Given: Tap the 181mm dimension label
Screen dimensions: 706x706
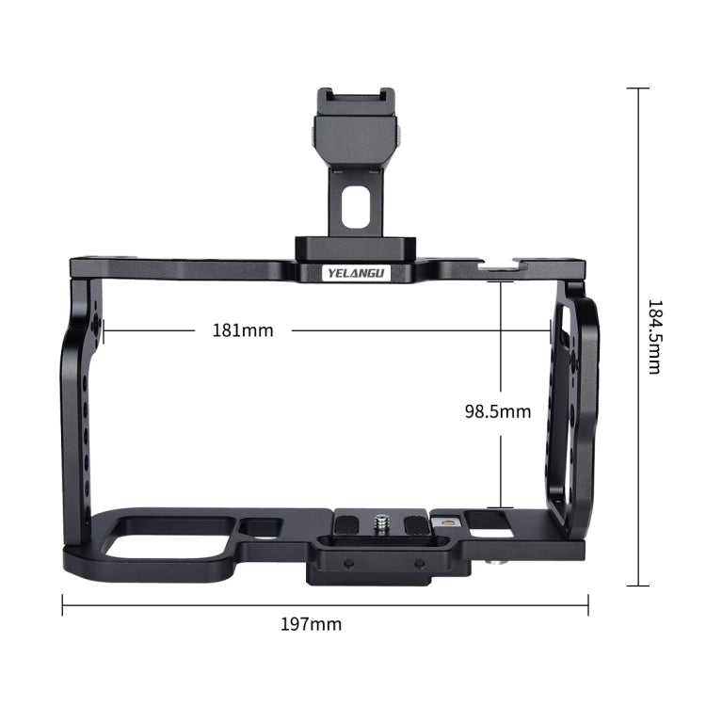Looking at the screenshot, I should coord(242,330).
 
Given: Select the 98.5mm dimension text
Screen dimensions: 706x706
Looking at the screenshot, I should coord(498,410).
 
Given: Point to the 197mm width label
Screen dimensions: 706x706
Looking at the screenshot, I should coord(312,624).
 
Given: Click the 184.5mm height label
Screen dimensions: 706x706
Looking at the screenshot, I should coord(653,337).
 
